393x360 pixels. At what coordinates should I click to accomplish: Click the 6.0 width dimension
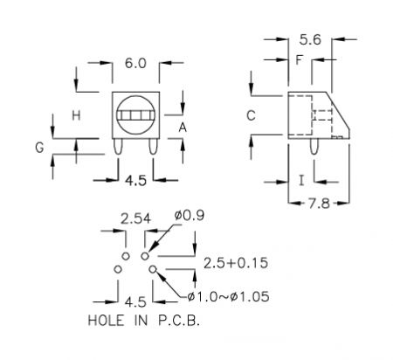click(x=135, y=63)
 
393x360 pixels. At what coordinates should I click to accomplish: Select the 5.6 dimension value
click(x=310, y=39)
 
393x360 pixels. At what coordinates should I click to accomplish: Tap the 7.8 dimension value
click(x=320, y=204)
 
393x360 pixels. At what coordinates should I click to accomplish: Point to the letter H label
click(x=76, y=115)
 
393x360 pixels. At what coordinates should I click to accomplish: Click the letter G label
click(x=39, y=148)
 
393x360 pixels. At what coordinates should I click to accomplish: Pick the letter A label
click(x=183, y=128)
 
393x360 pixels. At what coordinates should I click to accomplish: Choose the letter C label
click(x=251, y=115)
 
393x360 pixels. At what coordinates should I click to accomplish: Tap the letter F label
click(x=300, y=60)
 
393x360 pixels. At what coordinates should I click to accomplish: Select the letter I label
click(x=302, y=181)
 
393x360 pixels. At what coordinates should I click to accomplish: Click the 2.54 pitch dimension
click(x=136, y=219)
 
